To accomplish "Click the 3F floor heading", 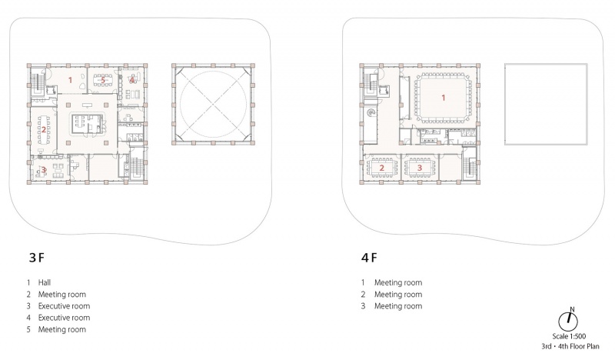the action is [x=37, y=258].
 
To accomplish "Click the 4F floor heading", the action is [x=369, y=258].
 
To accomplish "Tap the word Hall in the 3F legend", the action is [x=45, y=282].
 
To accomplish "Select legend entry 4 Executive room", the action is [x=58, y=318].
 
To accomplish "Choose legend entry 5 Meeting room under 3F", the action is [x=56, y=329].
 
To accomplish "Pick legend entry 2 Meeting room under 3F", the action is [x=56, y=294].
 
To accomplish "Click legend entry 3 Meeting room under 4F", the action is [x=392, y=306].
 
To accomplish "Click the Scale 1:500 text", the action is [x=569, y=336].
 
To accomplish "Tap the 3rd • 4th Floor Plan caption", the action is [x=570, y=346].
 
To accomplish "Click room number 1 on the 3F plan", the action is [x=71, y=80].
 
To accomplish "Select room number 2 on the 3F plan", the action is [x=44, y=129].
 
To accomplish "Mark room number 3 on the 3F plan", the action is [x=45, y=170].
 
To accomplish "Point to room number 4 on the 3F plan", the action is [x=131, y=80].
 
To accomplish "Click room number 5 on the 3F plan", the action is [x=103, y=80].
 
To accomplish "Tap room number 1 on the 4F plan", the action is [x=444, y=98].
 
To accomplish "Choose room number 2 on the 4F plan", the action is [x=381, y=168].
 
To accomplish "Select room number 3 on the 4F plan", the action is [x=420, y=168].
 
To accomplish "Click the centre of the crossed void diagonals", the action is [x=214, y=105].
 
